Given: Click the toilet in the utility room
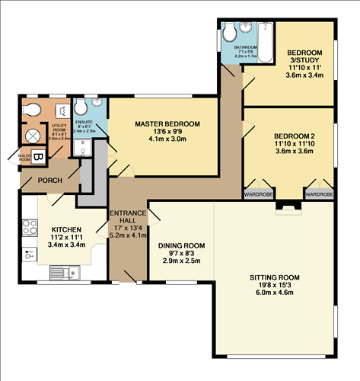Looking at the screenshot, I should pyautogui.click(x=31, y=111).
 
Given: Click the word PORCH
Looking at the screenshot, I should pyautogui.click(x=49, y=181).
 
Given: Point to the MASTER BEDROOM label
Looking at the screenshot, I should pyautogui.click(x=167, y=123).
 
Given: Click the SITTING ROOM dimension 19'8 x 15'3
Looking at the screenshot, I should pyautogui.click(x=275, y=285).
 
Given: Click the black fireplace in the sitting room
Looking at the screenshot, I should pyautogui.click(x=287, y=205).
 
